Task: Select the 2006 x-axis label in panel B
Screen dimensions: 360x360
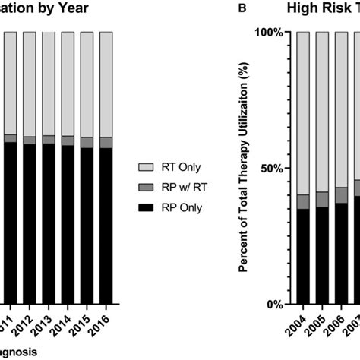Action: (x=342, y=332)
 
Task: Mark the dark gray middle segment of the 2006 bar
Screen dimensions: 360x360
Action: (x=342, y=194)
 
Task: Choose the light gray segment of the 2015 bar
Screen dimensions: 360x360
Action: (x=87, y=84)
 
